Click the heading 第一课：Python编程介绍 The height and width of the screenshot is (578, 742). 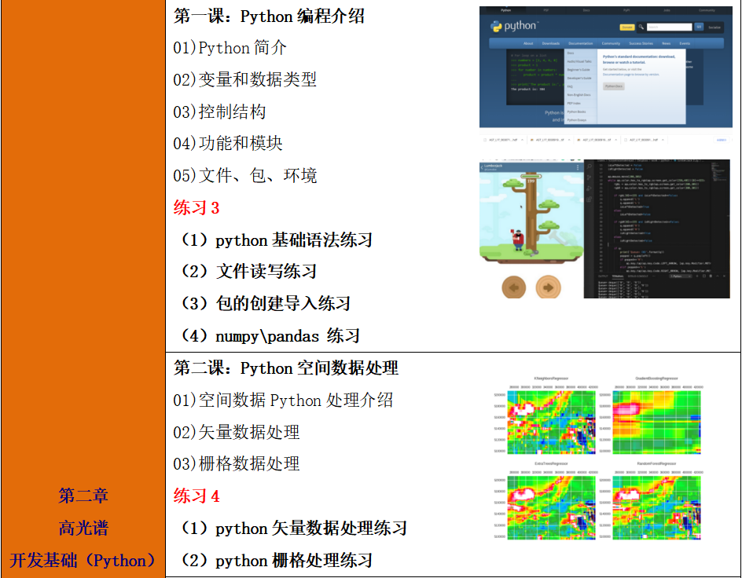[x=269, y=16]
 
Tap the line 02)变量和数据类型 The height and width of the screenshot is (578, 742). [x=245, y=80]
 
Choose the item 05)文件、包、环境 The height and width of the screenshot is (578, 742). [x=245, y=176]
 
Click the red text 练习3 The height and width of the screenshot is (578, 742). [x=197, y=208]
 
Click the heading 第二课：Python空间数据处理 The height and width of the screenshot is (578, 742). [x=286, y=368]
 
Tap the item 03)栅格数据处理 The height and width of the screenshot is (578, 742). [x=237, y=464]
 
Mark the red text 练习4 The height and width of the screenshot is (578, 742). [x=197, y=496]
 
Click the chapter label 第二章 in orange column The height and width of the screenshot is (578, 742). [x=83, y=496]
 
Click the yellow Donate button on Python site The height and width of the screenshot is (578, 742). [x=626, y=27]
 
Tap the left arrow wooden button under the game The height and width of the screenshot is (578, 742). [x=514, y=287]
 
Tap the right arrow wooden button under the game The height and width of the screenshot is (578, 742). [x=548, y=287]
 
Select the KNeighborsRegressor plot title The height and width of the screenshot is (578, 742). [x=551, y=378]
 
